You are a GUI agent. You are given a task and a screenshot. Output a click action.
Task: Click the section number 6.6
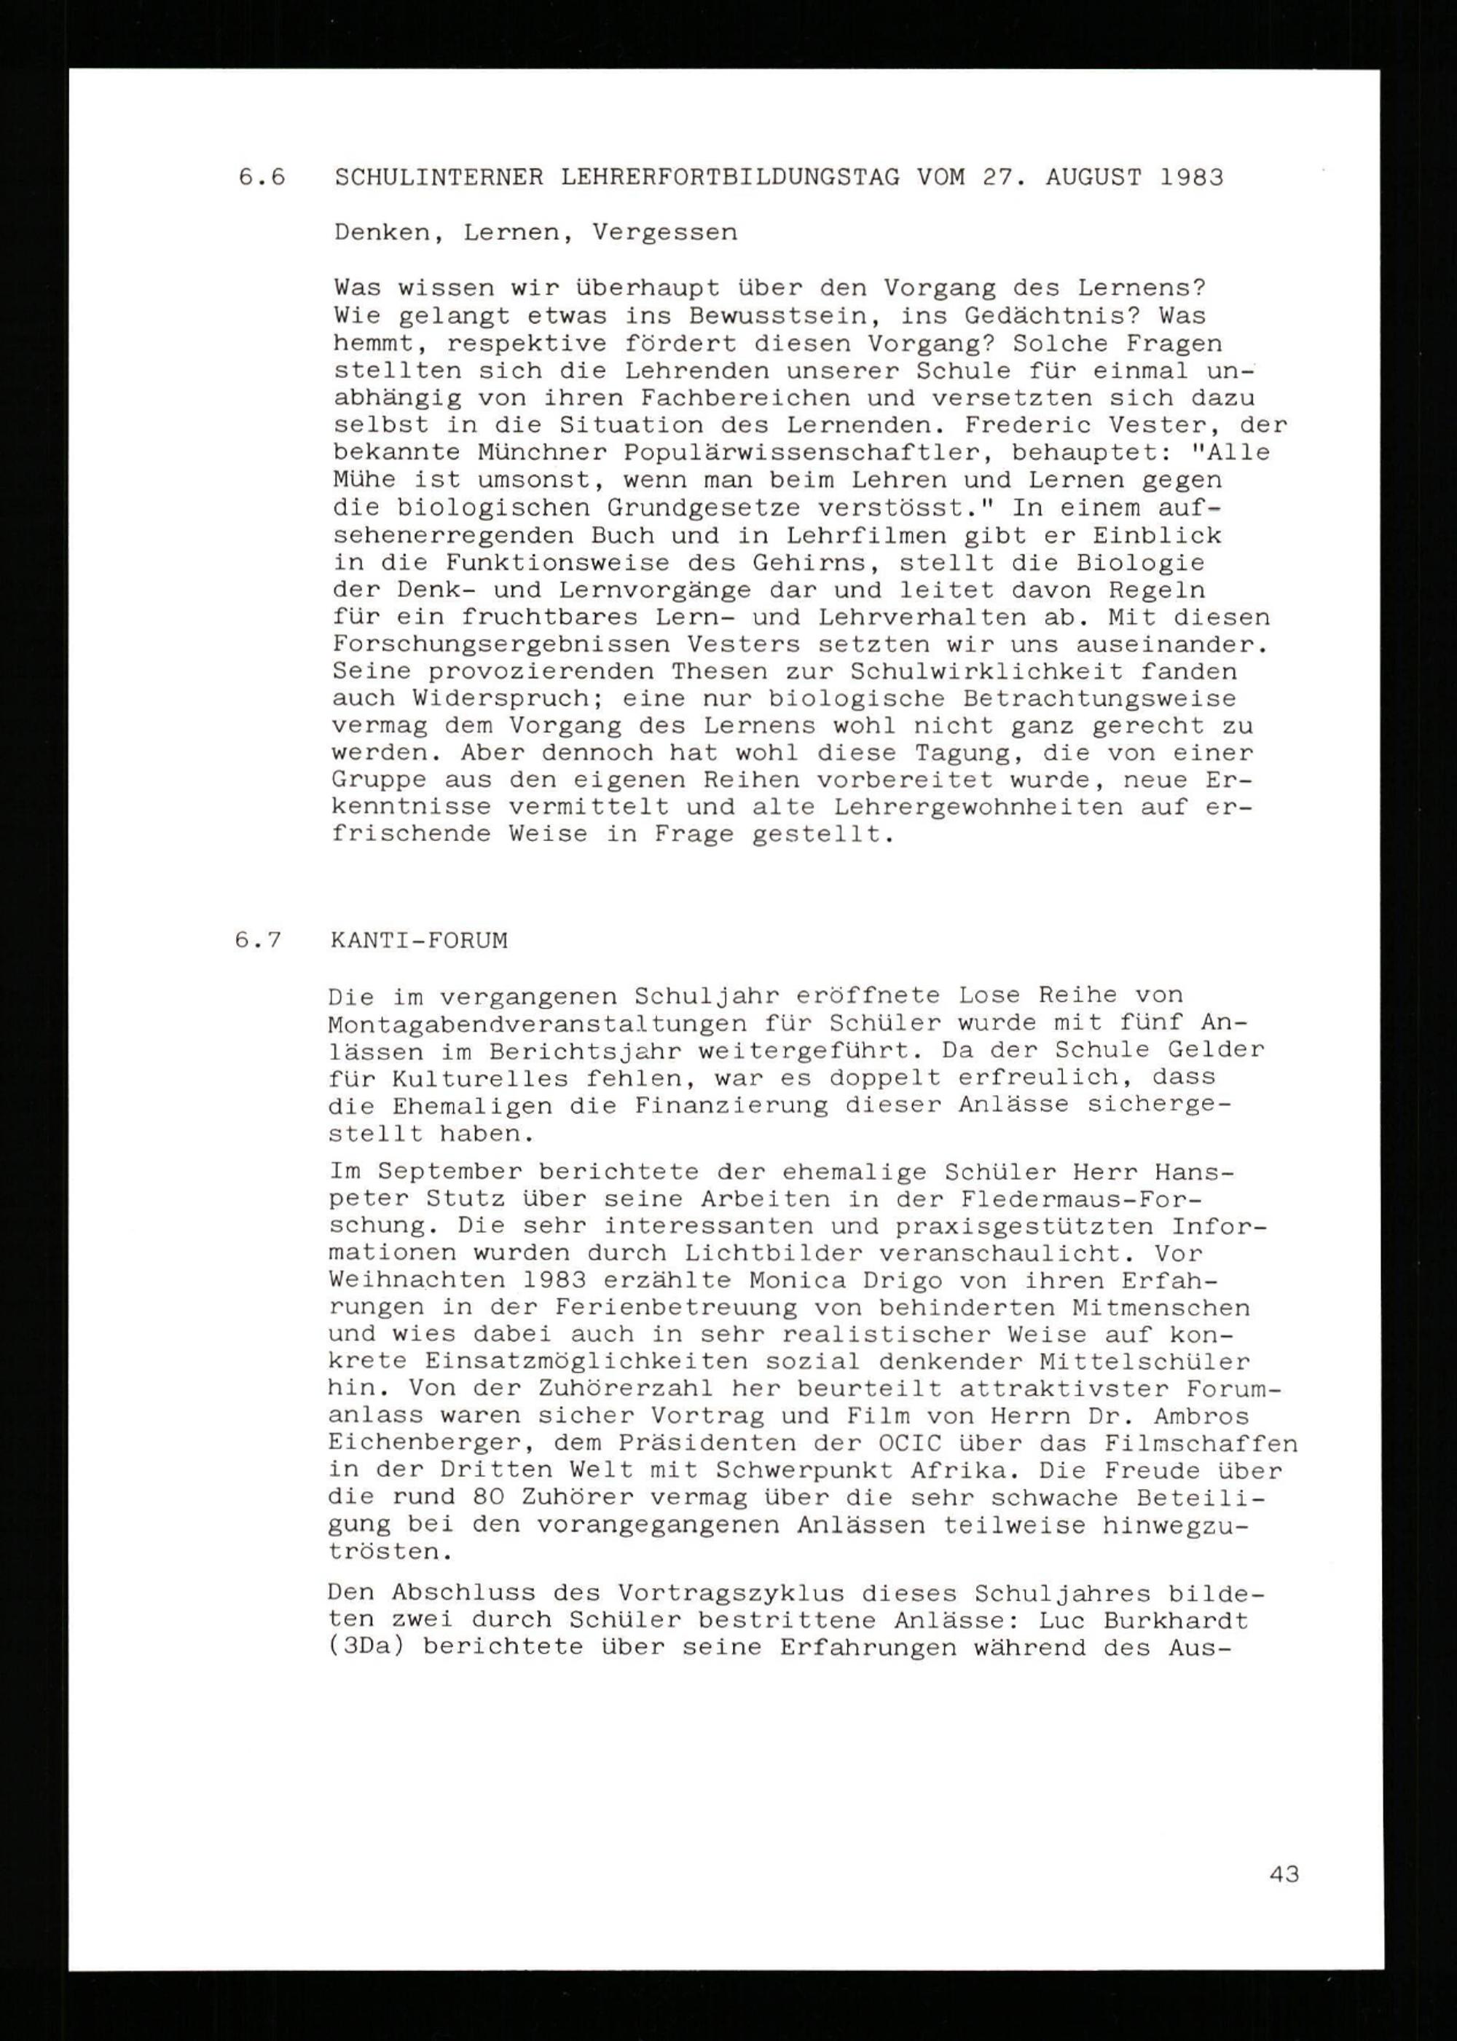[262, 178]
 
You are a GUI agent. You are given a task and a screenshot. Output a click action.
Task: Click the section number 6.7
[259, 941]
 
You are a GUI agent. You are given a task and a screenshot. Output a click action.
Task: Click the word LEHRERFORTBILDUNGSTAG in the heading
[730, 178]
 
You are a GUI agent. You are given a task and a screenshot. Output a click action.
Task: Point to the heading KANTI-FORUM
[419, 941]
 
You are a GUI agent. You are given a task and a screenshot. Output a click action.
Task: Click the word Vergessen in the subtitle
[665, 232]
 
